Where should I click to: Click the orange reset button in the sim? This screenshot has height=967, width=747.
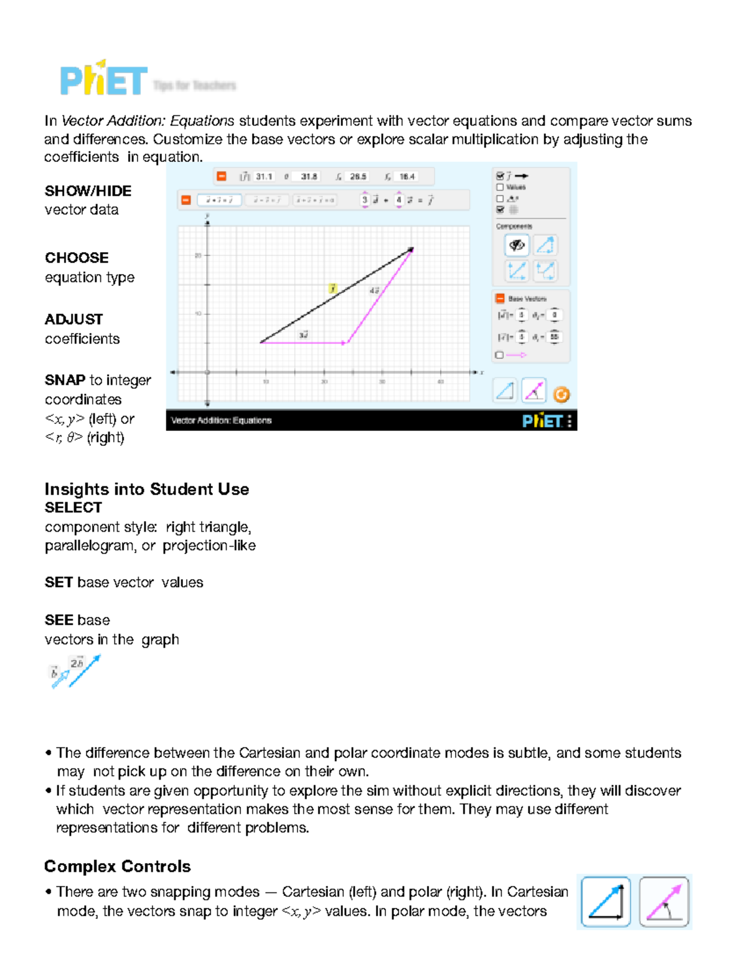pyautogui.click(x=561, y=394)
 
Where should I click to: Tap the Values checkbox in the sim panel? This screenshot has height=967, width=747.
pyautogui.click(x=500, y=187)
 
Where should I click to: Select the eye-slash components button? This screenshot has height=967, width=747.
pyautogui.click(x=517, y=245)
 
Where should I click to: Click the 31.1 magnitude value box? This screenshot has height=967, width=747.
pyautogui.click(x=264, y=177)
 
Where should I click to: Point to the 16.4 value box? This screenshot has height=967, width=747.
pyautogui.click(x=407, y=177)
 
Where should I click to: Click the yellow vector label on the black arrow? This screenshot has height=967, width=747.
pyautogui.click(x=333, y=288)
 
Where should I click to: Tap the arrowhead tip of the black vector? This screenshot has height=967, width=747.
pyautogui.click(x=411, y=250)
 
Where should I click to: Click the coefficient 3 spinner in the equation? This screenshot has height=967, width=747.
pyautogui.click(x=365, y=200)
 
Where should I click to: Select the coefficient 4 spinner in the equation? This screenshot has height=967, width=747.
pyautogui.click(x=399, y=200)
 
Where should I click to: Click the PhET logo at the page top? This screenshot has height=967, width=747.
pyautogui.click(x=103, y=80)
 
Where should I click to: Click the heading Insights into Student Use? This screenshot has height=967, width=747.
pyautogui.click(x=147, y=489)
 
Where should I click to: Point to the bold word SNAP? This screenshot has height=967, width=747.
pyautogui.click(x=65, y=380)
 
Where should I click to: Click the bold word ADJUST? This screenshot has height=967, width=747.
pyautogui.click(x=73, y=319)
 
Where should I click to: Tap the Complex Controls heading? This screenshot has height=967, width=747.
pyautogui.click(x=118, y=866)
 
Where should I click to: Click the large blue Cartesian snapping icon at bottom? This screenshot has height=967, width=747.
pyautogui.click(x=606, y=902)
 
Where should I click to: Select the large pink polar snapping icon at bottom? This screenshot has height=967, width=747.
pyautogui.click(x=664, y=902)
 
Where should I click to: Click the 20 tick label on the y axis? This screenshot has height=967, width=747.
pyautogui.click(x=198, y=255)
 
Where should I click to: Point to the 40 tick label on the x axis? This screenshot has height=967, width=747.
pyautogui.click(x=440, y=382)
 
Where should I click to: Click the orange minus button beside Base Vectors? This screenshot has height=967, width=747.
pyautogui.click(x=500, y=298)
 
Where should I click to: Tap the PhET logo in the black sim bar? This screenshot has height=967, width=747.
pyautogui.click(x=542, y=421)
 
